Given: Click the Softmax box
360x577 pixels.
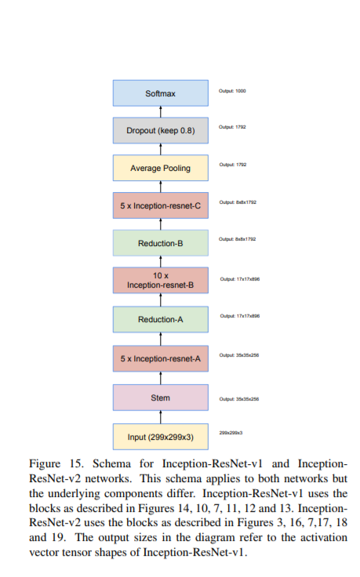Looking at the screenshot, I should pyautogui.click(x=161, y=93).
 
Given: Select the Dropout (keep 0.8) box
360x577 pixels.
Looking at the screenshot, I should pyautogui.click(x=161, y=130).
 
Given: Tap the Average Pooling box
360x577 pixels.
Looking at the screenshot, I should pyautogui.click(x=161, y=168).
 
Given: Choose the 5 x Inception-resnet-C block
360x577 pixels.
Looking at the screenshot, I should pyautogui.click(x=161, y=205).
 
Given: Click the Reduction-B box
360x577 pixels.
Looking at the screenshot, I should pyautogui.click(x=161, y=243).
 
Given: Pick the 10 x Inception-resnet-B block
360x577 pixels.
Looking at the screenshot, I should pyautogui.click(x=161, y=281).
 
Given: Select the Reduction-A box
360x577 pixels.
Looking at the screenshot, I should pyautogui.click(x=161, y=319).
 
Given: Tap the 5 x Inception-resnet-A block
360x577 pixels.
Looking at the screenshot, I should pyautogui.click(x=161, y=357).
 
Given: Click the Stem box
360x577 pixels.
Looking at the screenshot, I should pyautogui.click(x=161, y=397).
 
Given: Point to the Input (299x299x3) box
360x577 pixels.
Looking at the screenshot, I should pyautogui.click(x=161, y=436).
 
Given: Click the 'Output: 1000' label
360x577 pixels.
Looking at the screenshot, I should pyautogui.click(x=232, y=91).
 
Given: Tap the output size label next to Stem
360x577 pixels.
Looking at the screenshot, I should pyautogui.click(x=239, y=399).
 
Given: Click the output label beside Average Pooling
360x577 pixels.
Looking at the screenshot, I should pyautogui.click(x=232, y=165).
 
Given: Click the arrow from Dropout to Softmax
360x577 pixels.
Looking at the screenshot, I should pyautogui.click(x=161, y=112).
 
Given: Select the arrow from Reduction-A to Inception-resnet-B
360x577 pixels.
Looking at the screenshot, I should pyautogui.click(x=161, y=300).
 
